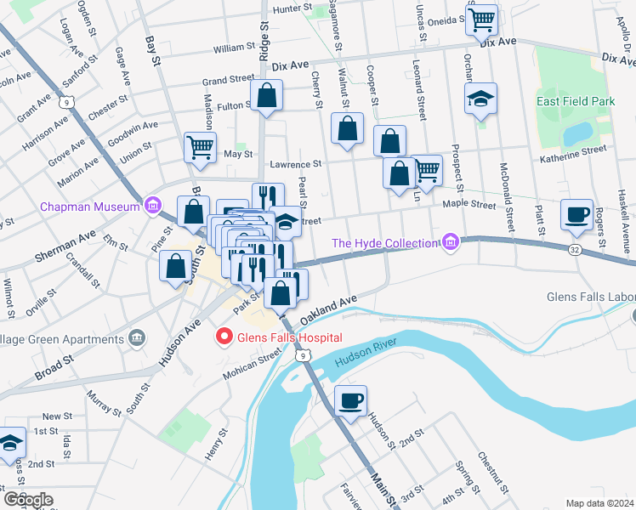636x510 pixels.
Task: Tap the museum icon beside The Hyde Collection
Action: click(451, 244)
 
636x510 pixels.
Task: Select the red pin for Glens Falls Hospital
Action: click(225, 337)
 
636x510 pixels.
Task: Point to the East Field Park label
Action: click(576, 101)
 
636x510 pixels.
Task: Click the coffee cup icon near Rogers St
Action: click(577, 214)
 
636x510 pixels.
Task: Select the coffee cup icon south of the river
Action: click(349, 400)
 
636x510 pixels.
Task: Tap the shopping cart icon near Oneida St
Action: click(482, 19)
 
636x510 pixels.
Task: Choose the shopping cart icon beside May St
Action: click(201, 147)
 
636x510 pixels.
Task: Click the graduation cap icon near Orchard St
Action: click(480, 99)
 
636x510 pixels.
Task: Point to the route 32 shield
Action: click(575, 248)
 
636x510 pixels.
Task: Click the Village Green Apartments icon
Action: click(135, 339)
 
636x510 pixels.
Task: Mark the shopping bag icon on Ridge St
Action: click(266, 97)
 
